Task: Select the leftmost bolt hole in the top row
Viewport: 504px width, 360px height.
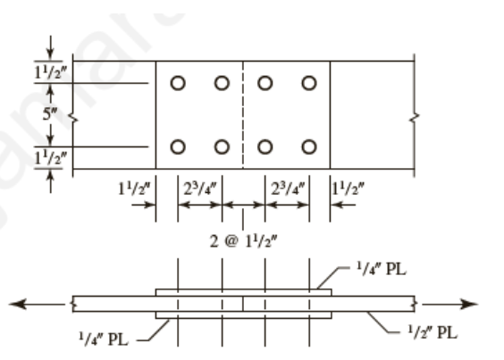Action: pos(178,83)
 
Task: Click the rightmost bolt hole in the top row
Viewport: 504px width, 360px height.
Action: pos(309,83)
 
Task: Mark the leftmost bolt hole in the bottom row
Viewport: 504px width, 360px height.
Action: pos(178,147)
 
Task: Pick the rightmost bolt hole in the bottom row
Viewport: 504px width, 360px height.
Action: pos(309,147)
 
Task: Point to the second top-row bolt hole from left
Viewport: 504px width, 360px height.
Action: pos(222,83)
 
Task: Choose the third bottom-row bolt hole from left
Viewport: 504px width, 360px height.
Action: pos(265,147)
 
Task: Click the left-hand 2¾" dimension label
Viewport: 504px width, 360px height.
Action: pos(199,189)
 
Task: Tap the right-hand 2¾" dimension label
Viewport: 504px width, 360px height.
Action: pos(287,189)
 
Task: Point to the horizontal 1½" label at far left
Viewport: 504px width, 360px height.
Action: pos(134,189)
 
